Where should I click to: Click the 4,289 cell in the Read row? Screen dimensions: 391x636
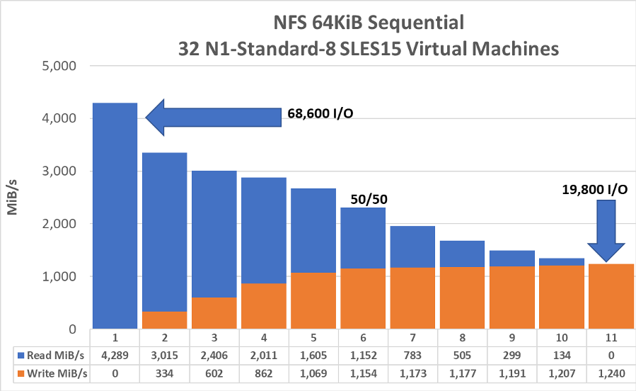[115, 353]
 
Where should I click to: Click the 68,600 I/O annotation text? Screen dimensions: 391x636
[320, 113]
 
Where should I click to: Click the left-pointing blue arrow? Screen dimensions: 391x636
[212, 117]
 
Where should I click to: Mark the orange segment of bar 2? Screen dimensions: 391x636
[164, 319]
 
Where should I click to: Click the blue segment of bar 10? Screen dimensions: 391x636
[561, 262]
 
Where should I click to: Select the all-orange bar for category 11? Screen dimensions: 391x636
[611, 296]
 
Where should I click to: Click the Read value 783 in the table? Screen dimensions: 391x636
[412, 353]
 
